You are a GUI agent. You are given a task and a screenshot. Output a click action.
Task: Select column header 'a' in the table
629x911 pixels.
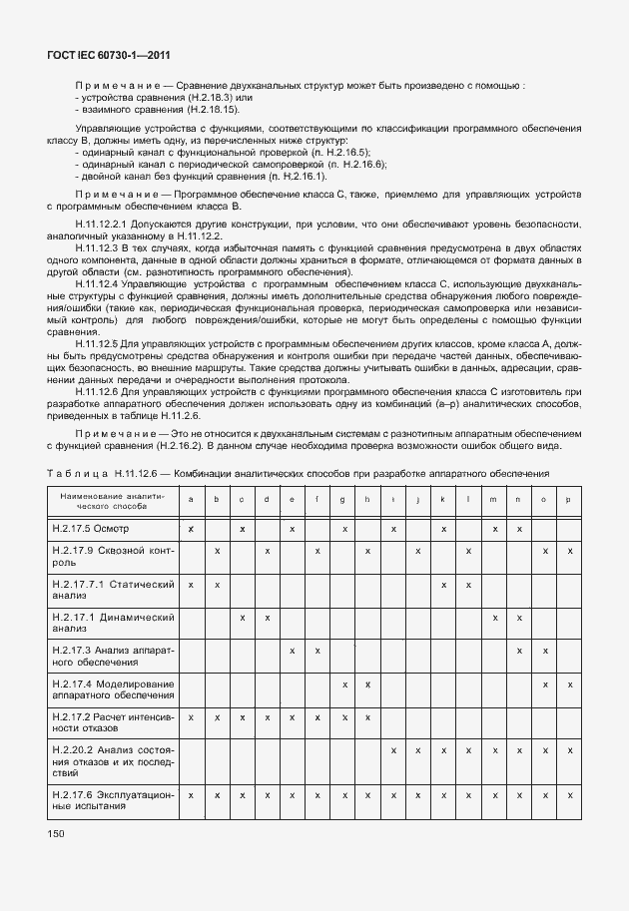[x=191, y=499]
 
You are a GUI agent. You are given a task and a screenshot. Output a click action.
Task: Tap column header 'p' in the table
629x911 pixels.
[x=569, y=499]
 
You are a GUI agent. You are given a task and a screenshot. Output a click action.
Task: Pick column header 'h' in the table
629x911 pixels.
[x=367, y=499]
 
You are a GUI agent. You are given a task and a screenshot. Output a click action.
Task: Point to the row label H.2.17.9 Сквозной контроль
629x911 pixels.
[x=113, y=556]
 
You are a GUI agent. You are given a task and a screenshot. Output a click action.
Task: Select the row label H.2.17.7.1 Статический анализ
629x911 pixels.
[x=113, y=589]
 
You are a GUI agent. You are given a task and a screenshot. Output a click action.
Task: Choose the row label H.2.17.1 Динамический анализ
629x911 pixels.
[x=113, y=623]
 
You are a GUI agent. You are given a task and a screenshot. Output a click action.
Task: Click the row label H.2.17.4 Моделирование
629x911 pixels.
[x=113, y=688]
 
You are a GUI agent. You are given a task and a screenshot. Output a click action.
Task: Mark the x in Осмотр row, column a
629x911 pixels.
[x=191, y=527]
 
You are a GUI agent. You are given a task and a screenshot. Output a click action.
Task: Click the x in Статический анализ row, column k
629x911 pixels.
[x=442, y=584]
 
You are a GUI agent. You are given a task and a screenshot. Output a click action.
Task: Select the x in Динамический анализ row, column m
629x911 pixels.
[x=494, y=618]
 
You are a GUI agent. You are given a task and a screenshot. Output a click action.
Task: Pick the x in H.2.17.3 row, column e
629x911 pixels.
[x=292, y=651]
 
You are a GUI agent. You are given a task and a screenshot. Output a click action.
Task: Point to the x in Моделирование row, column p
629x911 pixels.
[x=569, y=683]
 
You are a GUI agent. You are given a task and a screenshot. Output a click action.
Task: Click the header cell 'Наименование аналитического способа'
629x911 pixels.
[x=113, y=499]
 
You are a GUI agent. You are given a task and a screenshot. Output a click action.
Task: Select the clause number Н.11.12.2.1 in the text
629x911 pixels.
[x=101, y=225]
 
